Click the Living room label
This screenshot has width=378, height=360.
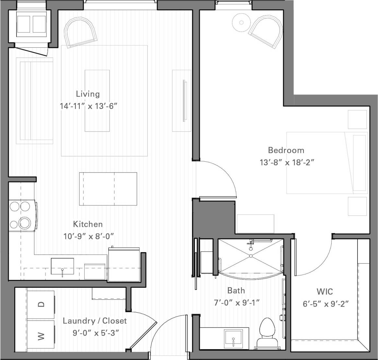[x=88, y=94]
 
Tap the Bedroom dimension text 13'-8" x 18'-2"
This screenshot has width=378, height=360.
[x=287, y=162]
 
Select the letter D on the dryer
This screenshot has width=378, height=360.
[x=41, y=304]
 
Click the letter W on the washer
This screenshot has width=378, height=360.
[x=41, y=336]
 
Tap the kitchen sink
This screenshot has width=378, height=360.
[x=62, y=266]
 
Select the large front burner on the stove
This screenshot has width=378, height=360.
[x=25, y=223]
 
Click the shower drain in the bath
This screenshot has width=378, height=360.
[x=251, y=256]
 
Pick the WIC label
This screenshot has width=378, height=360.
[x=325, y=292]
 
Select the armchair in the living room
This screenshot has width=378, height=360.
[x=81, y=32]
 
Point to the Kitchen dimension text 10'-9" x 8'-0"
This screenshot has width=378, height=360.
[x=88, y=236]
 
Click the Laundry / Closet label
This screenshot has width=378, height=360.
[x=94, y=321]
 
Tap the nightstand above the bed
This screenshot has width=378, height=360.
[x=358, y=120]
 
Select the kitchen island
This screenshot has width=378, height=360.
[x=108, y=189]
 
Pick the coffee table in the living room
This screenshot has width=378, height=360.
[x=97, y=100]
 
